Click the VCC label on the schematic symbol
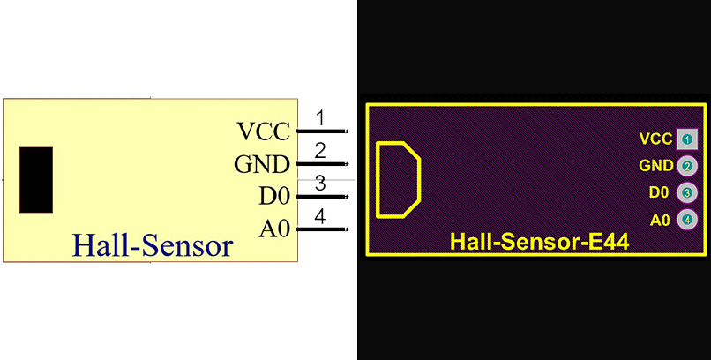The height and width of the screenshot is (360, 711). (264, 132)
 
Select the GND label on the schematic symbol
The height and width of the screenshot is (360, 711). (262, 165)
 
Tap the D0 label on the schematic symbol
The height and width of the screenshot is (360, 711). (273, 198)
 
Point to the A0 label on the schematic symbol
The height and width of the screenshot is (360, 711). (274, 229)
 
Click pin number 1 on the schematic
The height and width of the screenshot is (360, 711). (320, 118)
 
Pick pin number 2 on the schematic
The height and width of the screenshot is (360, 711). (320, 151)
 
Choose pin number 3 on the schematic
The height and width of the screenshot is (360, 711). (320, 184)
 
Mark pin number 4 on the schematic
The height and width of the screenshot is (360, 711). (320, 216)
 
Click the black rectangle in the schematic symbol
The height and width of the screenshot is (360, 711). (36, 180)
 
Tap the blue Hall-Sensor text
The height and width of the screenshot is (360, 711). (153, 245)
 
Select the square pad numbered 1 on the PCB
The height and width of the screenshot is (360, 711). (687, 139)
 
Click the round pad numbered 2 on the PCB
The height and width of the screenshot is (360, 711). (687, 165)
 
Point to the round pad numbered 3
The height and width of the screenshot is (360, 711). (687, 192)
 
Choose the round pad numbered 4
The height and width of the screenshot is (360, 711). (687, 220)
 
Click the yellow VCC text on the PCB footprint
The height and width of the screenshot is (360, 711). (655, 139)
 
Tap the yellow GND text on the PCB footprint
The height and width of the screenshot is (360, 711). (656, 165)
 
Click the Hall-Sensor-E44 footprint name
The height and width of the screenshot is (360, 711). (539, 242)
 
